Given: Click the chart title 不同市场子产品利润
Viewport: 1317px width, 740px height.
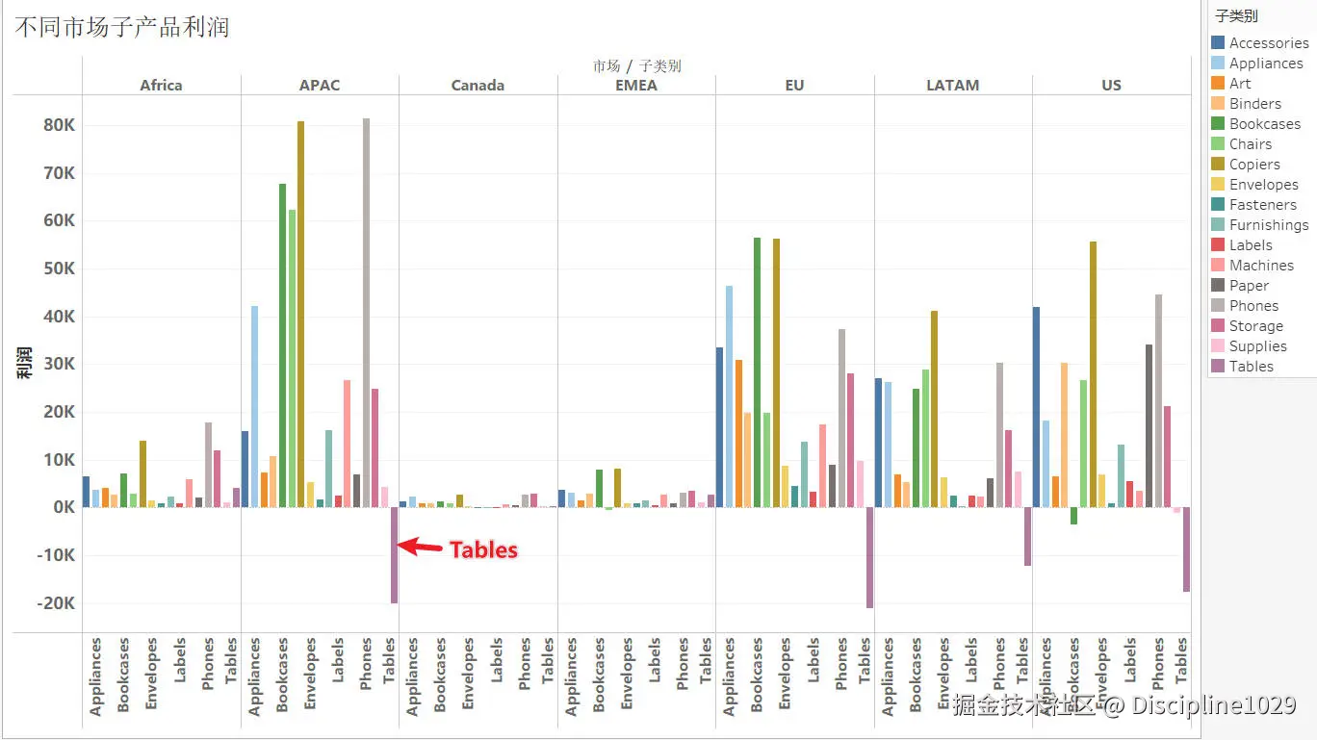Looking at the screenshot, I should (122, 26).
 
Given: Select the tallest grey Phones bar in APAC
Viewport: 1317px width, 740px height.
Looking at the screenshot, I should (366, 313).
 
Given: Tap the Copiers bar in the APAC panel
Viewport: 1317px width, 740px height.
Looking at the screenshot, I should (300, 314).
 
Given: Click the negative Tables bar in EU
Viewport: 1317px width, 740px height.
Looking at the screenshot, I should (869, 557).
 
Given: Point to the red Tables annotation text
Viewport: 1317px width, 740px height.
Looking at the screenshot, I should (483, 549).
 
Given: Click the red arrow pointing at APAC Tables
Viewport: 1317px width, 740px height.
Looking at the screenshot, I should (420, 547).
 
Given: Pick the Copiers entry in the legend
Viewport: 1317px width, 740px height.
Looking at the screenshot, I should (1254, 165).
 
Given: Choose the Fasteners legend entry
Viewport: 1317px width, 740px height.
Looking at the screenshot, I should (1262, 205).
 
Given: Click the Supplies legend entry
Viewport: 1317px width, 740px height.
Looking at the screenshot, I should (1257, 346).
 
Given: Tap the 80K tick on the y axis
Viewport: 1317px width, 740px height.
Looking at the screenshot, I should (58, 125).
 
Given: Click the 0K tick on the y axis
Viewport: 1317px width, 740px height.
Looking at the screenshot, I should (63, 507).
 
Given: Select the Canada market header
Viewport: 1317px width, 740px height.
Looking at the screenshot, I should (478, 85).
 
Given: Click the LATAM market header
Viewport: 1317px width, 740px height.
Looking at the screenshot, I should (952, 85).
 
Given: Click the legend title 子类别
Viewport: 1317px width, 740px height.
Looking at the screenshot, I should (1236, 16).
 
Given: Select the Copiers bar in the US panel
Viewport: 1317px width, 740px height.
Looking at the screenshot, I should (1093, 374).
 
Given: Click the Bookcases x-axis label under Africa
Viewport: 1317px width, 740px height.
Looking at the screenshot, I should (123, 675).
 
